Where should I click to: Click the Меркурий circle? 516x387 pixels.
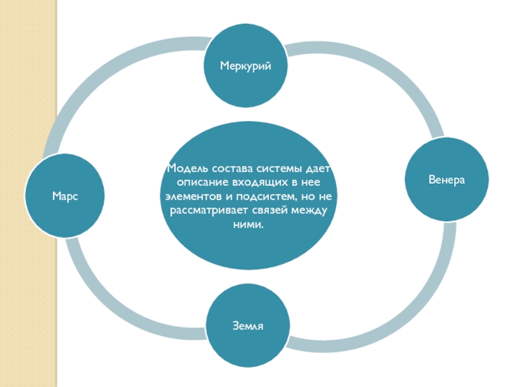coord(245,66)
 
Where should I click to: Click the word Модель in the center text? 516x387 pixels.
coord(185,170)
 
